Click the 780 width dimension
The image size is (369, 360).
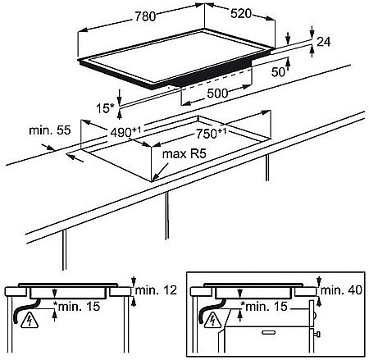145,16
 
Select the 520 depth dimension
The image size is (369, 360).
241,14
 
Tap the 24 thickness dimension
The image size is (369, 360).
324,42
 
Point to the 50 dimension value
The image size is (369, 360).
278,71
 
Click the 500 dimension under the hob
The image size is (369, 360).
217,93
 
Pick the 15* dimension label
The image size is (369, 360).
105,108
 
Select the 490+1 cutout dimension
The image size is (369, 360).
125,132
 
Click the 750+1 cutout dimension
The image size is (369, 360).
212,134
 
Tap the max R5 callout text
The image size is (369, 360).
184,154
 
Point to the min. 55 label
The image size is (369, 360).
50,130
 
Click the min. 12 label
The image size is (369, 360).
156,290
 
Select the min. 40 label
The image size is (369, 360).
341,290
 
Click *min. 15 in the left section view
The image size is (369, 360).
77,307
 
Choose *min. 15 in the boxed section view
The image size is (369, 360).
264,307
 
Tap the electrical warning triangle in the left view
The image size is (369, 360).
30,320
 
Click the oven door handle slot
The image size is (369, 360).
269,332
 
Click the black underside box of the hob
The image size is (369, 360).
215,73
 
